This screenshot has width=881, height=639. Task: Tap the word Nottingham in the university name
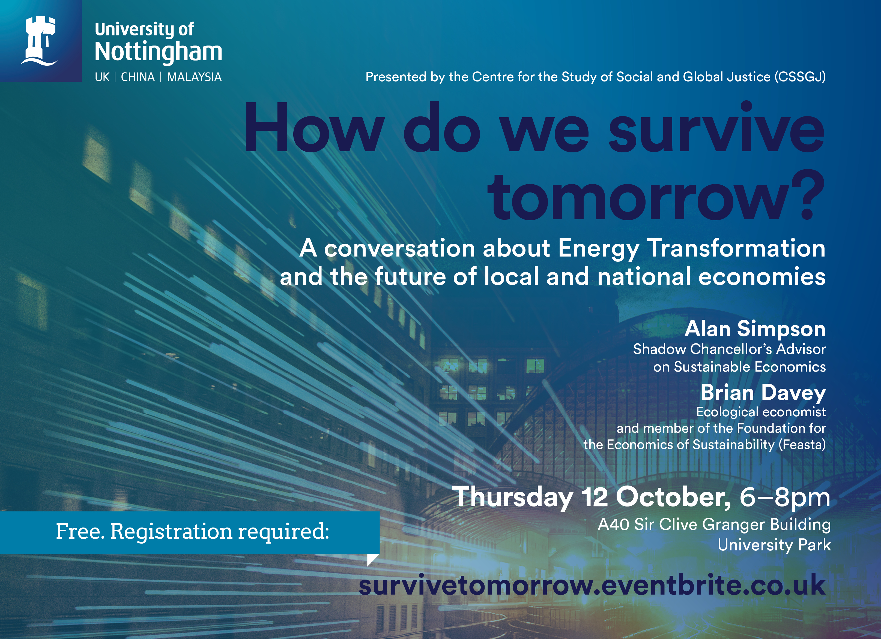pos(159,52)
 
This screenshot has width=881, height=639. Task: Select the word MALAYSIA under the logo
pos(194,77)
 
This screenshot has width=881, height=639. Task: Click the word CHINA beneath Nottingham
pos(138,77)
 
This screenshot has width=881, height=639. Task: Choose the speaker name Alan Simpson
pos(755,329)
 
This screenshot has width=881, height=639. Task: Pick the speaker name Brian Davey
pos(763,393)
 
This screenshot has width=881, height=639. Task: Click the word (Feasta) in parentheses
pos(802,445)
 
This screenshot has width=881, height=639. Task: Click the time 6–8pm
pos(785,497)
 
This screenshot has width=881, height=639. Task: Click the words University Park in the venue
pos(774,545)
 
